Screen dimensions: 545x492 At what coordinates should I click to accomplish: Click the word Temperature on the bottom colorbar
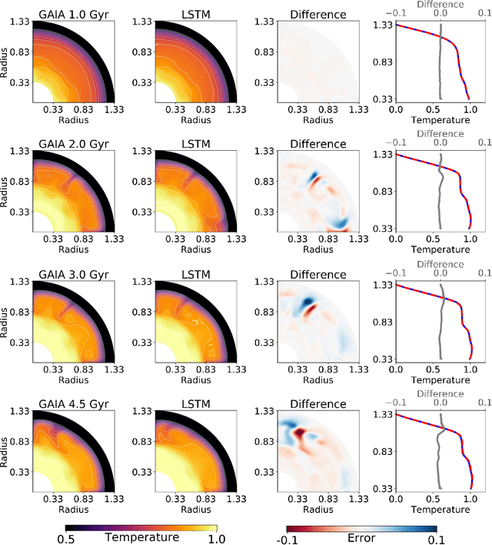141,537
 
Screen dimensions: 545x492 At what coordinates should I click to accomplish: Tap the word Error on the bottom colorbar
361,537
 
